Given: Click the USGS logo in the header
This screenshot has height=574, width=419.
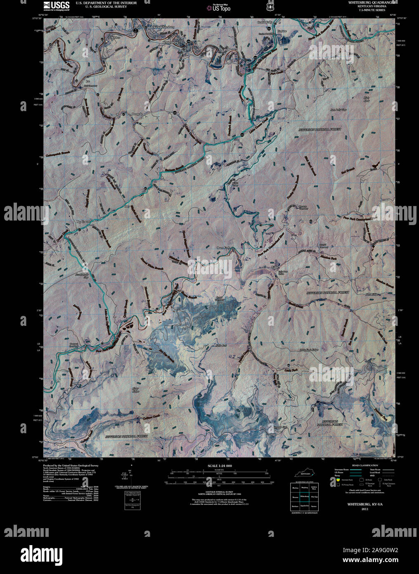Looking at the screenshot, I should click(52, 5).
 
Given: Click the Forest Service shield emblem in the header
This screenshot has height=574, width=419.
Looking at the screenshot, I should click(270, 7).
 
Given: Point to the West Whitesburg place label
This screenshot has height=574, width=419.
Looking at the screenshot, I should click(164, 27).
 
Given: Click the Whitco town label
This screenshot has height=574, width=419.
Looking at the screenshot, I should click(115, 38).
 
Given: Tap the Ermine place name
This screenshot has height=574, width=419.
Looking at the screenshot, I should click(282, 31).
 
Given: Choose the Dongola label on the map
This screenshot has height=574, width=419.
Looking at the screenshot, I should click(137, 114).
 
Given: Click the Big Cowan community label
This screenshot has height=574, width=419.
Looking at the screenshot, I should click(83, 222).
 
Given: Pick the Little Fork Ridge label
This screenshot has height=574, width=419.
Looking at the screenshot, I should click(309, 350).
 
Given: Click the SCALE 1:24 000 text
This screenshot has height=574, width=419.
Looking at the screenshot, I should click(220, 466).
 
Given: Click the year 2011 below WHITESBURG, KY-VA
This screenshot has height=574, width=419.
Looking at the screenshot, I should click(365, 509).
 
